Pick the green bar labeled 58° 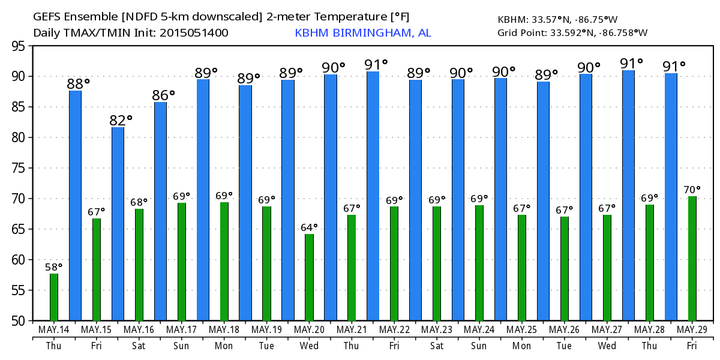(x=54, y=297)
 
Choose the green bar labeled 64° (x=309, y=277)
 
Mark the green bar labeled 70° (x=692, y=258)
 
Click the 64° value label (x=309, y=227)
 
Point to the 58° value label (x=54, y=267)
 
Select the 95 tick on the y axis (x=17, y=46)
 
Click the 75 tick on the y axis (x=17, y=168)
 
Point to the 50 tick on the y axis (x=17, y=320)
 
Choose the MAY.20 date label (x=310, y=330)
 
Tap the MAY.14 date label (x=54, y=330)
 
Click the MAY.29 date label (x=692, y=330)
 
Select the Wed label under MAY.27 (x=607, y=346)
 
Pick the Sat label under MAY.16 (x=139, y=346)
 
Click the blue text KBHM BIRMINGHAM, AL (x=362, y=33)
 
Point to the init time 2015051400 (x=194, y=33)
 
